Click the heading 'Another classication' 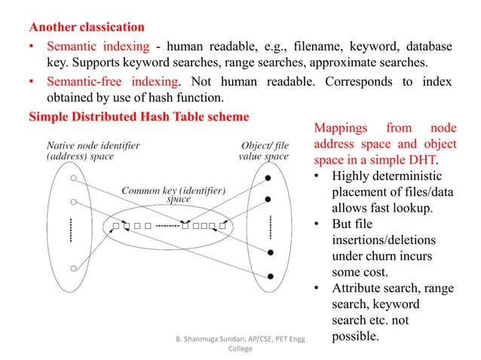click(x=84, y=29)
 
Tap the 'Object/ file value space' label click(x=264, y=151)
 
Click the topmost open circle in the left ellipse click(x=73, y=178)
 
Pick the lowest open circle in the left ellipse click(x=73, y=265)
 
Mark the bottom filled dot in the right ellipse click(x=270, y=273)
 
